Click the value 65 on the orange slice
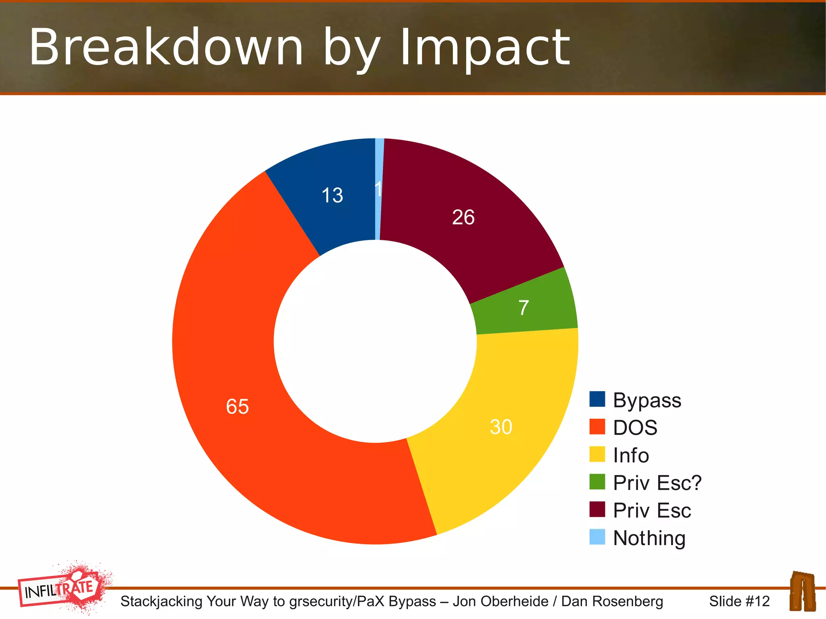pos(237,406)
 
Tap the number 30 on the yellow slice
pos(501,427)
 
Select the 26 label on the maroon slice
pos(463,217)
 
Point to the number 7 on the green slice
pos(524,308)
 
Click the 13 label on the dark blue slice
pos(332,195)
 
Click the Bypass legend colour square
pos(597,399)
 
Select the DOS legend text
pos(635,427)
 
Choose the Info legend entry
pos(631,455)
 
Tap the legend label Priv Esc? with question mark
pos(657,483)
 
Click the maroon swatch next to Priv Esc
pos(597,509)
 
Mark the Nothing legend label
pos(649,538)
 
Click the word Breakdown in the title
pos(166,47)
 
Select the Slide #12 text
pos(739,601)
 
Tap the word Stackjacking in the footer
pos(161,601)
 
